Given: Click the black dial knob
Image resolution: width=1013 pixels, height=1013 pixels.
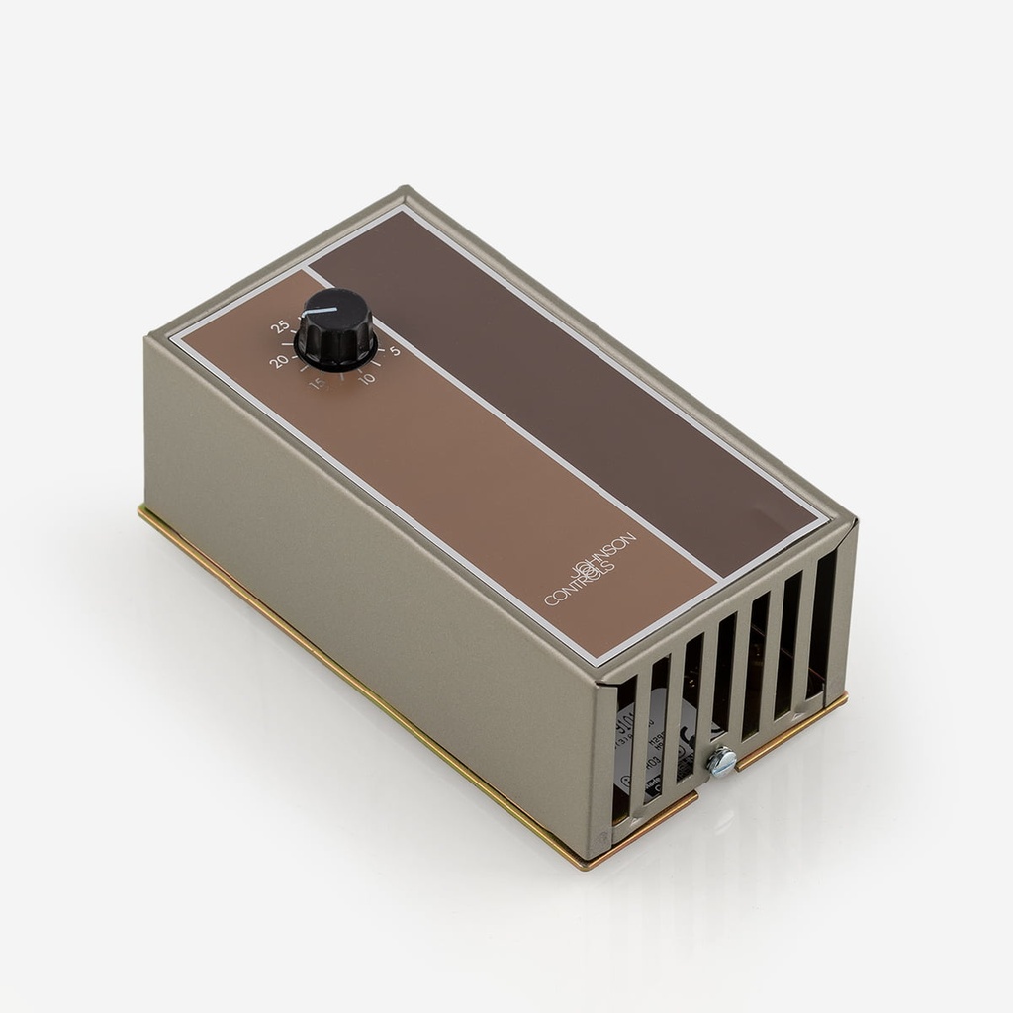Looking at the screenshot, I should coord(335,329).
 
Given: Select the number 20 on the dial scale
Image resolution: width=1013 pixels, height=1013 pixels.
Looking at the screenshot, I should coord(279,362).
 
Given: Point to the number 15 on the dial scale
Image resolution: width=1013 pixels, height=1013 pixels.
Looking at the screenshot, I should coord(318,383).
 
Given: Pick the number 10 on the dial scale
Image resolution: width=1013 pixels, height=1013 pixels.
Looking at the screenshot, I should coord(367,378).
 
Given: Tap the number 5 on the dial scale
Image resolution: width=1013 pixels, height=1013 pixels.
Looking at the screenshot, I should coord(394,350).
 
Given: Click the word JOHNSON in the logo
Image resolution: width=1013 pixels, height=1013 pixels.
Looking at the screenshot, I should coord(605,557).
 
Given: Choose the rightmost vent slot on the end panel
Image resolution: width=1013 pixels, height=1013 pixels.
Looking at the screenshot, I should coord(820,623).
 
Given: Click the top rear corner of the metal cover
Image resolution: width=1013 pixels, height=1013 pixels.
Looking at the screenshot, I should coord(404,190).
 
